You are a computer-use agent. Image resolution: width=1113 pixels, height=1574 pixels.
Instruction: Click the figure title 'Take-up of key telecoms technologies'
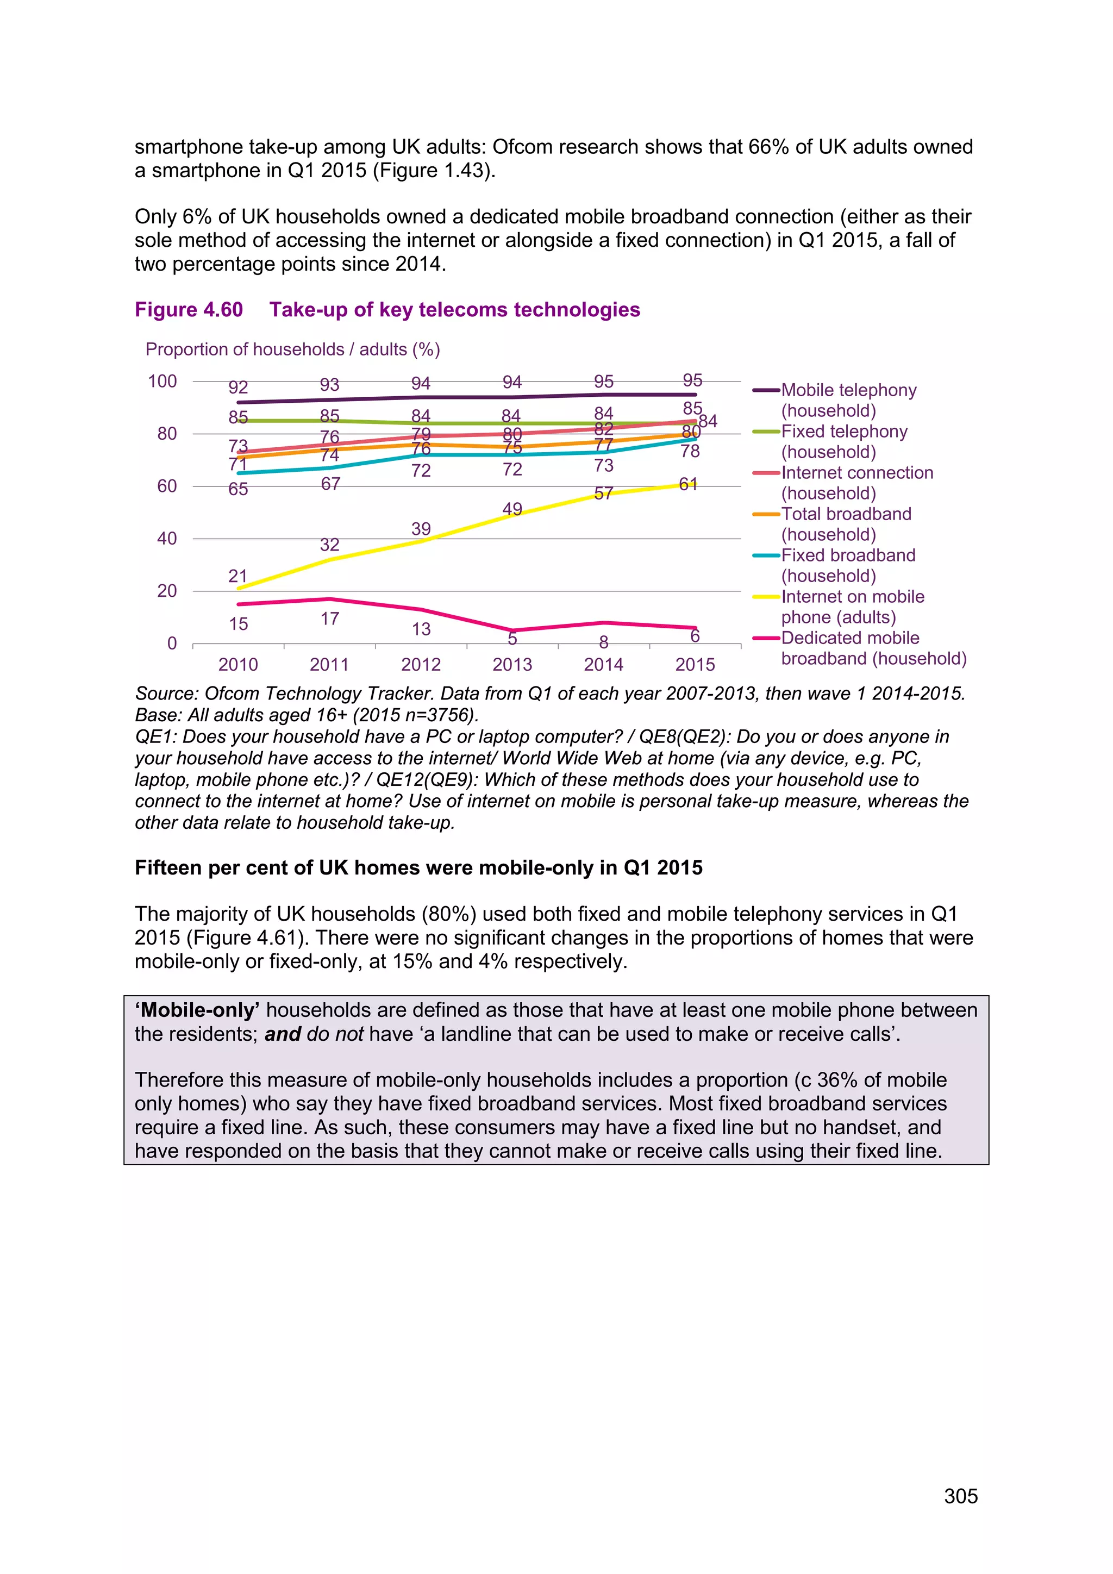click(454, 310)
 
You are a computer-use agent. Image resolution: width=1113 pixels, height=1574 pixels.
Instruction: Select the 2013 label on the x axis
click(512, 664)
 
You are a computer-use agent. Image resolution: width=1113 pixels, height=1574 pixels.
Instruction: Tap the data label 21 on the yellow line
click(238, 576)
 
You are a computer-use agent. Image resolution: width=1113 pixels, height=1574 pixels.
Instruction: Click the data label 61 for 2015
click(688, 485)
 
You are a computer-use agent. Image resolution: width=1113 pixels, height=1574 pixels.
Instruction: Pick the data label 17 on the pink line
click(330, 619)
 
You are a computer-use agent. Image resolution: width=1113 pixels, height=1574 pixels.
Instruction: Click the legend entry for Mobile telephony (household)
click(848, 399)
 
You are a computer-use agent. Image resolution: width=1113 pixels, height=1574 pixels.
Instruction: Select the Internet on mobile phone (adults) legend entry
click(852, 607)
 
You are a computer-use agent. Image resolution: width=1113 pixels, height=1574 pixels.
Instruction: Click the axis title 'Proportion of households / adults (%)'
click(292, 349)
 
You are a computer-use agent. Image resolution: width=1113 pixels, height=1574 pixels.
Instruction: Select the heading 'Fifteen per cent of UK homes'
click(418, 868)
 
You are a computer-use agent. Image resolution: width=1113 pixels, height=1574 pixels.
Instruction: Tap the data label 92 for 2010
click(238, 388)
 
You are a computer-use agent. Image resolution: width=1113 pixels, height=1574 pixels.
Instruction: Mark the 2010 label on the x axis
click(238, 664)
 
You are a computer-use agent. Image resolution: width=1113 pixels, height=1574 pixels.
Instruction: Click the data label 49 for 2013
click(512, 509)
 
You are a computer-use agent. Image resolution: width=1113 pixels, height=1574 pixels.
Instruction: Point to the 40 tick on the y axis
click(166, 539)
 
